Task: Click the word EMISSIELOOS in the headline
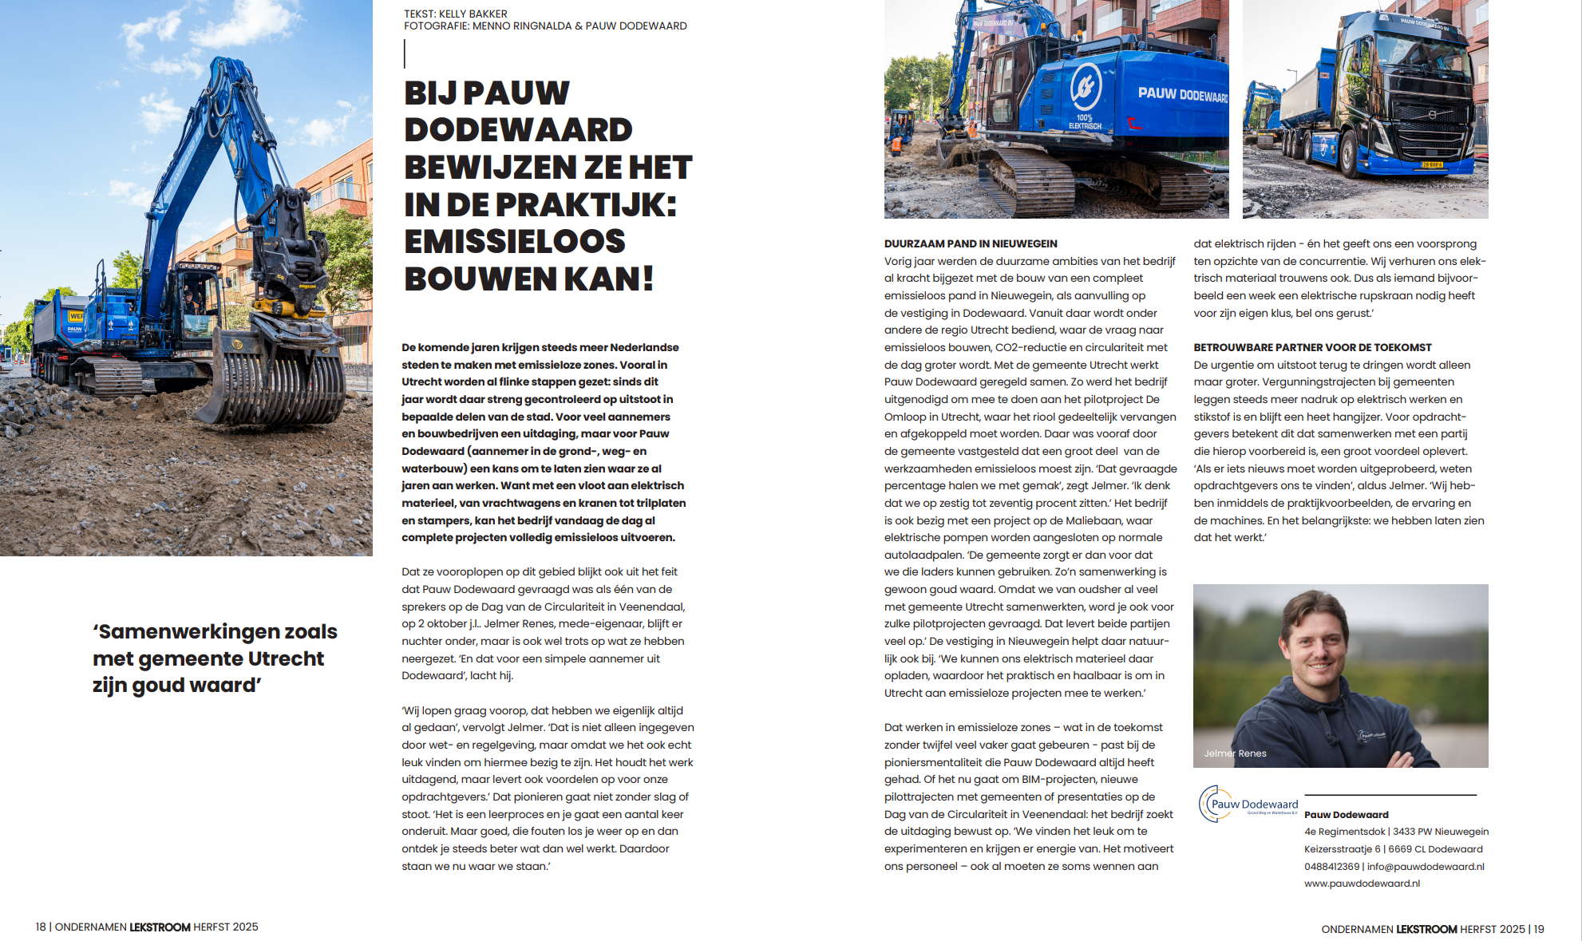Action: click(x=514, y=242)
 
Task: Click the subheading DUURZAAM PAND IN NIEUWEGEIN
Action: click(x=971, y=243)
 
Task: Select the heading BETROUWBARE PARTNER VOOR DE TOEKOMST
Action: click(x=1312, y=347)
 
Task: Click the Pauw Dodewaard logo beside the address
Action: click(x=1248, y=804)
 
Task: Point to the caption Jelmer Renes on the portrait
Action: click(x=1235, y=753)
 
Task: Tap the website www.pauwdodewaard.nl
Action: click(x=1362, y=884)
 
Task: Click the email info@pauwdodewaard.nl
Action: click(x=1426, y=867)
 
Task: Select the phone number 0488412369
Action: click(x=1331, y=867)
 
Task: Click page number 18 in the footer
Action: click(x=41, y=927)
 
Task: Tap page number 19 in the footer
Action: click(x=1538, y=929)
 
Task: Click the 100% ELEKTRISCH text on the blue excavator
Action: click(x=1085, y=121)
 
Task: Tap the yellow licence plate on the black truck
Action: click(x=1432, y=165)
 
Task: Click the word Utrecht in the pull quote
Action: click(x=286, y=658)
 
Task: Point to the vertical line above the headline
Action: click(x=405, y=53)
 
